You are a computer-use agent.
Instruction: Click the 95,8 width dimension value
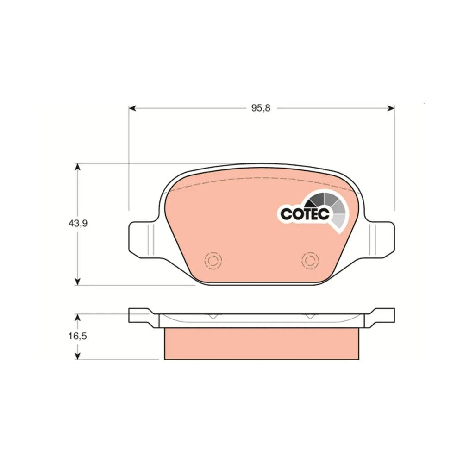pyautogui.click(x=261, y=108)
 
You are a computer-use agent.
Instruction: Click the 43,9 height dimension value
pyautogui.click(x=78, y=224)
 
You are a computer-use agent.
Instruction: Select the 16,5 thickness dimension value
pyautogui.click(x=78, y=336)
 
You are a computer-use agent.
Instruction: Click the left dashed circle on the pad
pyautogui.click(x=213, y=260)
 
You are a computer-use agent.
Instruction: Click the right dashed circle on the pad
pyautogui.click(x=310, y=260)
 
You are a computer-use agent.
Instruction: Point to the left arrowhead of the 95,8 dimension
pyautogui.click(x=132, y=108)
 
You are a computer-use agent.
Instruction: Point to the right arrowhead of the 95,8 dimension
pyautogui.click(x=391, y=108)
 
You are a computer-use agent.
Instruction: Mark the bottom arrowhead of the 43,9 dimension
pyautogui.click(x=78, y=282)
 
